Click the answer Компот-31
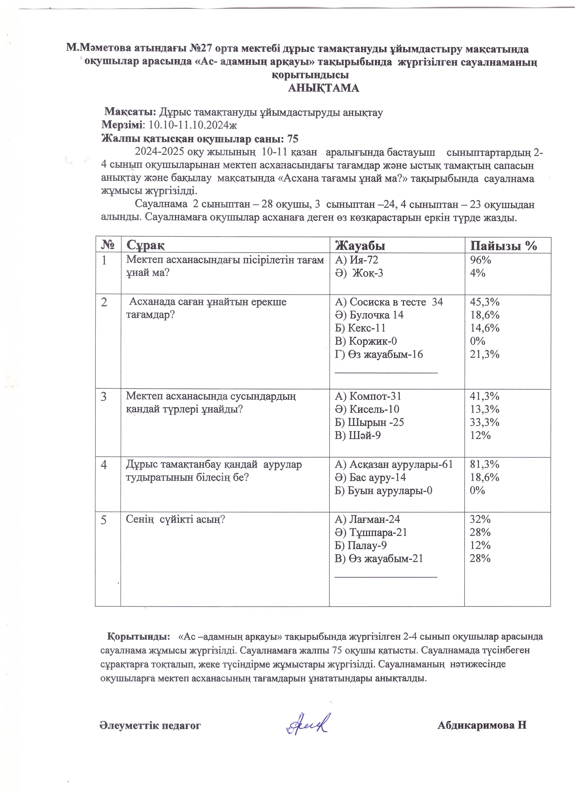[x=368, y=396]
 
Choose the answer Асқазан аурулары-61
[x=394, y=465]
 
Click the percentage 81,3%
[x=485, y=465]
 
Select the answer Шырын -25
[x=369, y=422]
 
